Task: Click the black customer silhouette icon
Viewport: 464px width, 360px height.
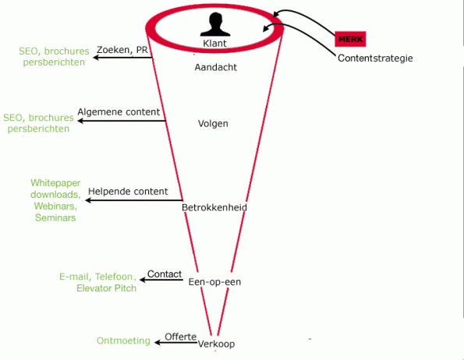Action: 215,24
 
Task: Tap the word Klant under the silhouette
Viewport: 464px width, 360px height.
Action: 214,44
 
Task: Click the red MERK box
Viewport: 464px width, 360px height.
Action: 350,39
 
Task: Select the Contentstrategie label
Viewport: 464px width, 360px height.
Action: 375,58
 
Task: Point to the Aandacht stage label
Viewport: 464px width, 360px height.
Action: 216,67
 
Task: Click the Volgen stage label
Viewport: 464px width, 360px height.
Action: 213,124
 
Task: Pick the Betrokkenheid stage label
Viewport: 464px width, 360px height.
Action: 214,207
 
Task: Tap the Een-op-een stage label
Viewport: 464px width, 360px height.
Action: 214,282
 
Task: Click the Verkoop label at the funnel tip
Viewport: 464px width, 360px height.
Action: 216,344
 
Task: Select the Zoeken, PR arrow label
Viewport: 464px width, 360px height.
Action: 122,50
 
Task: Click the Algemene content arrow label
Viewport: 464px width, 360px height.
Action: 119,112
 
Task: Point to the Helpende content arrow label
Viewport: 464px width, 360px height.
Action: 128,192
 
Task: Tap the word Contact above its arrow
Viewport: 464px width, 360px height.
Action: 165,274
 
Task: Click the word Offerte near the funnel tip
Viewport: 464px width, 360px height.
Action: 180,337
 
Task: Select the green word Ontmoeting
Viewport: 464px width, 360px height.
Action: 123,341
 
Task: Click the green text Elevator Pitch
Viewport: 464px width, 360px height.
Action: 107,288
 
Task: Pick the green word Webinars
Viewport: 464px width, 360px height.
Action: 55,206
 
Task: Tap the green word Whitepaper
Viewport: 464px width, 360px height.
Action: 55,183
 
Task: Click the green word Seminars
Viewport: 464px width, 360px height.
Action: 55,218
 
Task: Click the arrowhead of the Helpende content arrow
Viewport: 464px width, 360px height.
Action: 88,200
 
